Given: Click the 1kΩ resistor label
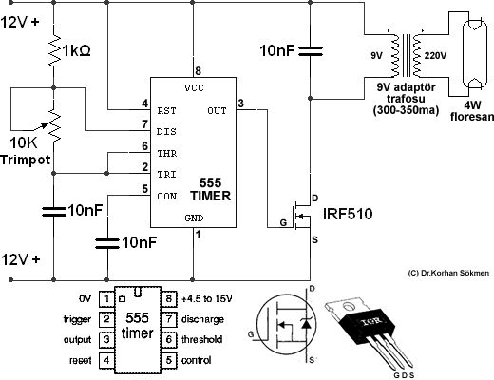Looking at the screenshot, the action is tap(77, 50).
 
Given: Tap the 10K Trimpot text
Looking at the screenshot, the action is tap(26, 151).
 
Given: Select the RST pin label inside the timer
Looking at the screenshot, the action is tap(166, 111).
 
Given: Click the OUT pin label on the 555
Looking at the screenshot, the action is tap(217, 111).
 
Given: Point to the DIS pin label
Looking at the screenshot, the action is tap(166, 132).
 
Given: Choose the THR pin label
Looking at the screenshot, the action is tap(167, 154).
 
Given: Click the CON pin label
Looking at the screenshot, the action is tap(166, 197).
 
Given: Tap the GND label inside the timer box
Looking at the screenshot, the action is tap(194, 218).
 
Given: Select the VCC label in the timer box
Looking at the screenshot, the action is tap(194, 87).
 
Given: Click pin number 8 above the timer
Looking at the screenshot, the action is tap(198, 70).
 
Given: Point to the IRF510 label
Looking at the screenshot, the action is tap(348, 214).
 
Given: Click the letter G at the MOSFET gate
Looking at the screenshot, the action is tap(283, 222).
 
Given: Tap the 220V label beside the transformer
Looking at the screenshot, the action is tap(435, 56).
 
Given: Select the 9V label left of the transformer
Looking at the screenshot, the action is tap(377, 56).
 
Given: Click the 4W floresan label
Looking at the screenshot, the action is tap(472, 110).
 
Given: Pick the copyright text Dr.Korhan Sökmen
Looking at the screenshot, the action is tap(448, 273).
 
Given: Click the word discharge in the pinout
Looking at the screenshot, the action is tap(202, 319).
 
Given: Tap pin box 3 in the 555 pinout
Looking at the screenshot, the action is tap(106, 340).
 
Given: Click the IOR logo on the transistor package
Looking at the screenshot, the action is tap(372, 322).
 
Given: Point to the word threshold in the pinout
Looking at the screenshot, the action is tap(202, 340).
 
